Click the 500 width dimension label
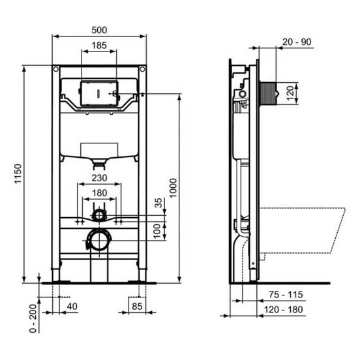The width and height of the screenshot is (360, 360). point(99,30)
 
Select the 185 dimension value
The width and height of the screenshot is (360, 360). point(99,46)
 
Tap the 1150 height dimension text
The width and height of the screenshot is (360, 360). point(18,173)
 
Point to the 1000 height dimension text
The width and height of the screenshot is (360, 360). point(173,188)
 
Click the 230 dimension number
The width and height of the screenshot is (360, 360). point(99,178)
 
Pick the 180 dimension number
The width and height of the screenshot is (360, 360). point(99,193)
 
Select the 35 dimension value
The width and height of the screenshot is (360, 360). point(158,203)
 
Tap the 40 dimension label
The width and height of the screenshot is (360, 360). point(72,307)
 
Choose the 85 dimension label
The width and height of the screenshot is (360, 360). point(137,307)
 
